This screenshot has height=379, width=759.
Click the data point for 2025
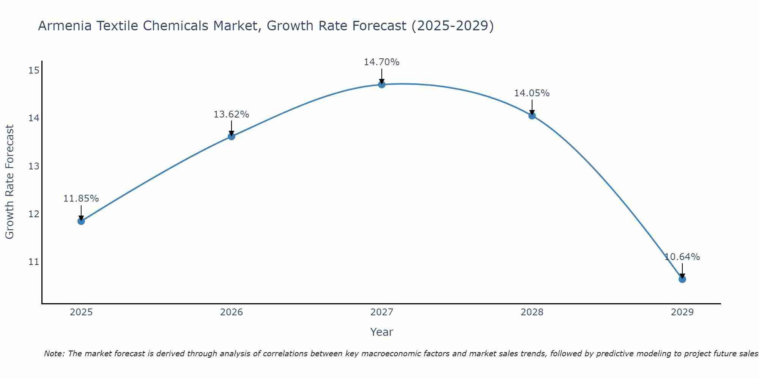click(81, 221)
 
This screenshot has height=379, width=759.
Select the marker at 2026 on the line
click(231, 136)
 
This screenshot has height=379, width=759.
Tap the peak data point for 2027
click(382, 85)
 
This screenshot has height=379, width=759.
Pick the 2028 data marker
click(532, 116)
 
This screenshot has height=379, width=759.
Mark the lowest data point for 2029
click(682, 279)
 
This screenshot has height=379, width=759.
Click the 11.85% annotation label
click(81, 199)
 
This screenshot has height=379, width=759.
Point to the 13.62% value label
click(231, 114)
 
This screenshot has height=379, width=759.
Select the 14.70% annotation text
click(382, 62)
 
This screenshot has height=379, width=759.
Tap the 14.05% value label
click(532, 93)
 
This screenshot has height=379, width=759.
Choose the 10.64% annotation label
click(682, 257)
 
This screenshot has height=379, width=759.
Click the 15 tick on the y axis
click(34, 70)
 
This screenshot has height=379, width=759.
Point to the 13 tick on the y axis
click(34, 166)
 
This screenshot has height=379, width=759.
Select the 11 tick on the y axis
click(34, 262)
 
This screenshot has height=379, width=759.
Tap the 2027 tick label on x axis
click(382, 312)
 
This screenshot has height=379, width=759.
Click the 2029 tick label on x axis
click(682, 312)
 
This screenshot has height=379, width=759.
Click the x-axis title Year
click(382, 332)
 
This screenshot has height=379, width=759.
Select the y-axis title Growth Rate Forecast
click(10, 182)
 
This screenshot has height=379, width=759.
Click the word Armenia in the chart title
click(65, 26)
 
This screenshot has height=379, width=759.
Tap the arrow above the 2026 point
click(231, 128)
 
